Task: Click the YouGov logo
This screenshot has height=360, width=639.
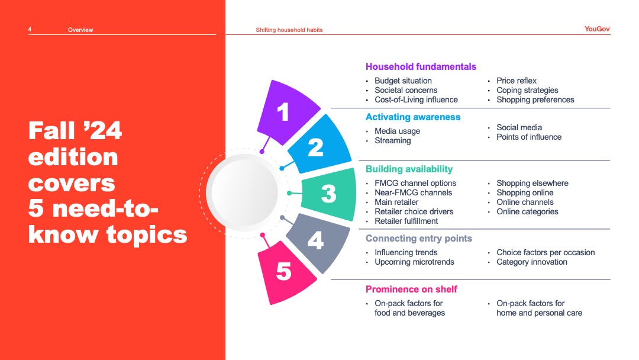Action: tap(597, 29)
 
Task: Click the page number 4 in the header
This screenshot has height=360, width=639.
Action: tap(30, 30)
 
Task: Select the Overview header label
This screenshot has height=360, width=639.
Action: tap(80, 30)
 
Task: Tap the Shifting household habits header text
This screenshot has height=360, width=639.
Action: tap(289, 30)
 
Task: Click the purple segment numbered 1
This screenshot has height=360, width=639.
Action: tap(287, 112)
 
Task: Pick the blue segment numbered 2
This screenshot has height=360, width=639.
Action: tap(319, 144)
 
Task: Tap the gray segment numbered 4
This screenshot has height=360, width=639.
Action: tap(318, 242)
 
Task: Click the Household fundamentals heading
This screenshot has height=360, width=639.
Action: tap(421, 66)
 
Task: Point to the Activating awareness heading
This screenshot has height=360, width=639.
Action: tap(413, 117)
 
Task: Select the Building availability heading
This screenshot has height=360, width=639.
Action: tap(409, 169)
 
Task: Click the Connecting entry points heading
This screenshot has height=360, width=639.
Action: tap(418, 239)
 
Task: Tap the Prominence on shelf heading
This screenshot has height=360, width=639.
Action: tap(411, 290)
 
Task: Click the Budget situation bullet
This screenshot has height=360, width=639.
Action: tap(403, 81)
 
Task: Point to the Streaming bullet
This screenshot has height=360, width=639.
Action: tap(392, 141)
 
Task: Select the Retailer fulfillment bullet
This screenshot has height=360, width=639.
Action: tap(406, 221)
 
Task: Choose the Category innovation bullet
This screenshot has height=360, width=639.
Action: tap(531, 262)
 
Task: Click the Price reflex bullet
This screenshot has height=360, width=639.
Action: tap(517, 81)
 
